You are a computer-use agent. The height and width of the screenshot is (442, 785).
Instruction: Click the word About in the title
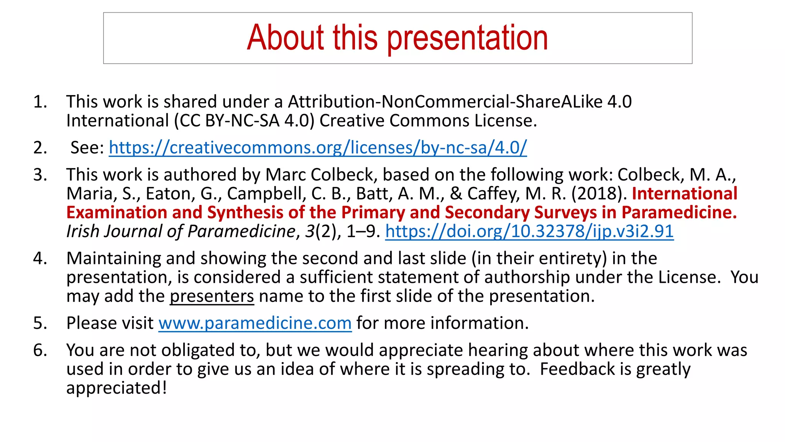click(x=286, y=38)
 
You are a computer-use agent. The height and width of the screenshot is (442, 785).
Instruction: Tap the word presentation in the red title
click(x=468, y=38)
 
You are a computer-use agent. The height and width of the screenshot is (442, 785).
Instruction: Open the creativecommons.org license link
click(x=318, y=148)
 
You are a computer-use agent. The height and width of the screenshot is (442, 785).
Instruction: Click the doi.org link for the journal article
click(x=529, y=231)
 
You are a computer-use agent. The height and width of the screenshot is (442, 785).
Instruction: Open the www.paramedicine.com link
click(x=255, y=323)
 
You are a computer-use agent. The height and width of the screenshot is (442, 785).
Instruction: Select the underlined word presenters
click(x=212, y=296)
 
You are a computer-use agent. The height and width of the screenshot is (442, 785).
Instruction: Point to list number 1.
click(x=40, y=102)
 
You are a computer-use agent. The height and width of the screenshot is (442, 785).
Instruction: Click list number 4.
click(x=40, y=259)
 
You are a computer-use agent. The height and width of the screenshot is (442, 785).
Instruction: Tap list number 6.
click(x=40, y=350)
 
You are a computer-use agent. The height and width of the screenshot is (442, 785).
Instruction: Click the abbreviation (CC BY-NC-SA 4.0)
click(x=244, y=121)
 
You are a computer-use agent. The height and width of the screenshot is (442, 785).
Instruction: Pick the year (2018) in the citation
click(x=599, y=194)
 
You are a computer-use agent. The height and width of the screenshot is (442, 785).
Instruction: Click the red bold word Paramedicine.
click(x=679, y=213)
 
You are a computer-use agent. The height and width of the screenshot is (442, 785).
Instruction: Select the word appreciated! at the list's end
click(x=117, y=388)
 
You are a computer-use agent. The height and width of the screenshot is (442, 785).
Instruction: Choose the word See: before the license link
click(x=87, y=148)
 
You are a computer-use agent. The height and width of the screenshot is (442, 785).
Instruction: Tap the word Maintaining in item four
click(x=114, y=259)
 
